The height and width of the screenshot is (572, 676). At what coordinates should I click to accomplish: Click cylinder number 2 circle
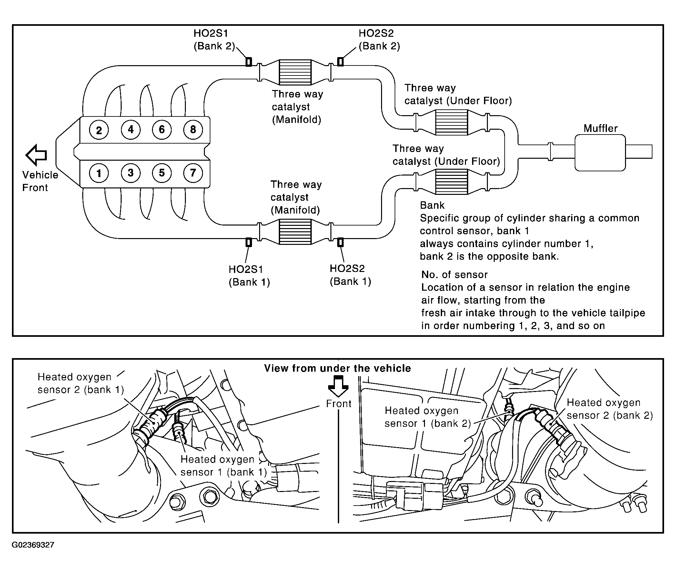[99, 130]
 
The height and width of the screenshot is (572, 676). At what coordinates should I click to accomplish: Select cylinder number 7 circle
[193, 173]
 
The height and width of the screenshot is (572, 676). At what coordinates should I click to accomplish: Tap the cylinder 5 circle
[162, 173]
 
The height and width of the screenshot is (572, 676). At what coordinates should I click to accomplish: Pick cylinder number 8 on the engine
[193, 130]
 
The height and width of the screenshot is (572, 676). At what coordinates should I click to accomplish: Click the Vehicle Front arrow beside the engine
[36, 155]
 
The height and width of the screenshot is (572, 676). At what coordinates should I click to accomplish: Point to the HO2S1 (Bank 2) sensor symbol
[249, 62]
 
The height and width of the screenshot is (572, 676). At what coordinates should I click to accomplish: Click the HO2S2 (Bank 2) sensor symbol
[340, 62]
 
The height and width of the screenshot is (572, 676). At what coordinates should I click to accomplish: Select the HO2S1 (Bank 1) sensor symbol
[249, 242]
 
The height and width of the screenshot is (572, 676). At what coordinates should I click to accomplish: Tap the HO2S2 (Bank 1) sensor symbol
[340, 242]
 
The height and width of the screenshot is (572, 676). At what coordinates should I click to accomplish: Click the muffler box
[600, 153]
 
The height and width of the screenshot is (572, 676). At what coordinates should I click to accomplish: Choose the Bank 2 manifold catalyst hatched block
[295, 72]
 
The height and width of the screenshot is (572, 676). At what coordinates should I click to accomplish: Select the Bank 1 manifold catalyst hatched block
[295, 232]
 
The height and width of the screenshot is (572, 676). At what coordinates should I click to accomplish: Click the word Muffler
[600, 128]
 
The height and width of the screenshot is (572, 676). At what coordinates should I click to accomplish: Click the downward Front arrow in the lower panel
[338, 386]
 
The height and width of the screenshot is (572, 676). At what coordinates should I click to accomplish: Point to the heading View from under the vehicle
[337, 368]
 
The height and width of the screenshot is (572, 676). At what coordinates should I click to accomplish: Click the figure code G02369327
[33, 545]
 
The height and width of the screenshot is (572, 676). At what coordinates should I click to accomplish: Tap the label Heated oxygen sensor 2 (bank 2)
[610, 409]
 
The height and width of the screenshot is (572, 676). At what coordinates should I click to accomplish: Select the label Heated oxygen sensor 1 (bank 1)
[224, 466]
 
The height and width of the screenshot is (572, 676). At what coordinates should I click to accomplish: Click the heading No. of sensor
[454, 275]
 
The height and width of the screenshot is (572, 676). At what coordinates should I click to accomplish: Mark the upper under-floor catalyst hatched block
[451, 122]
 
